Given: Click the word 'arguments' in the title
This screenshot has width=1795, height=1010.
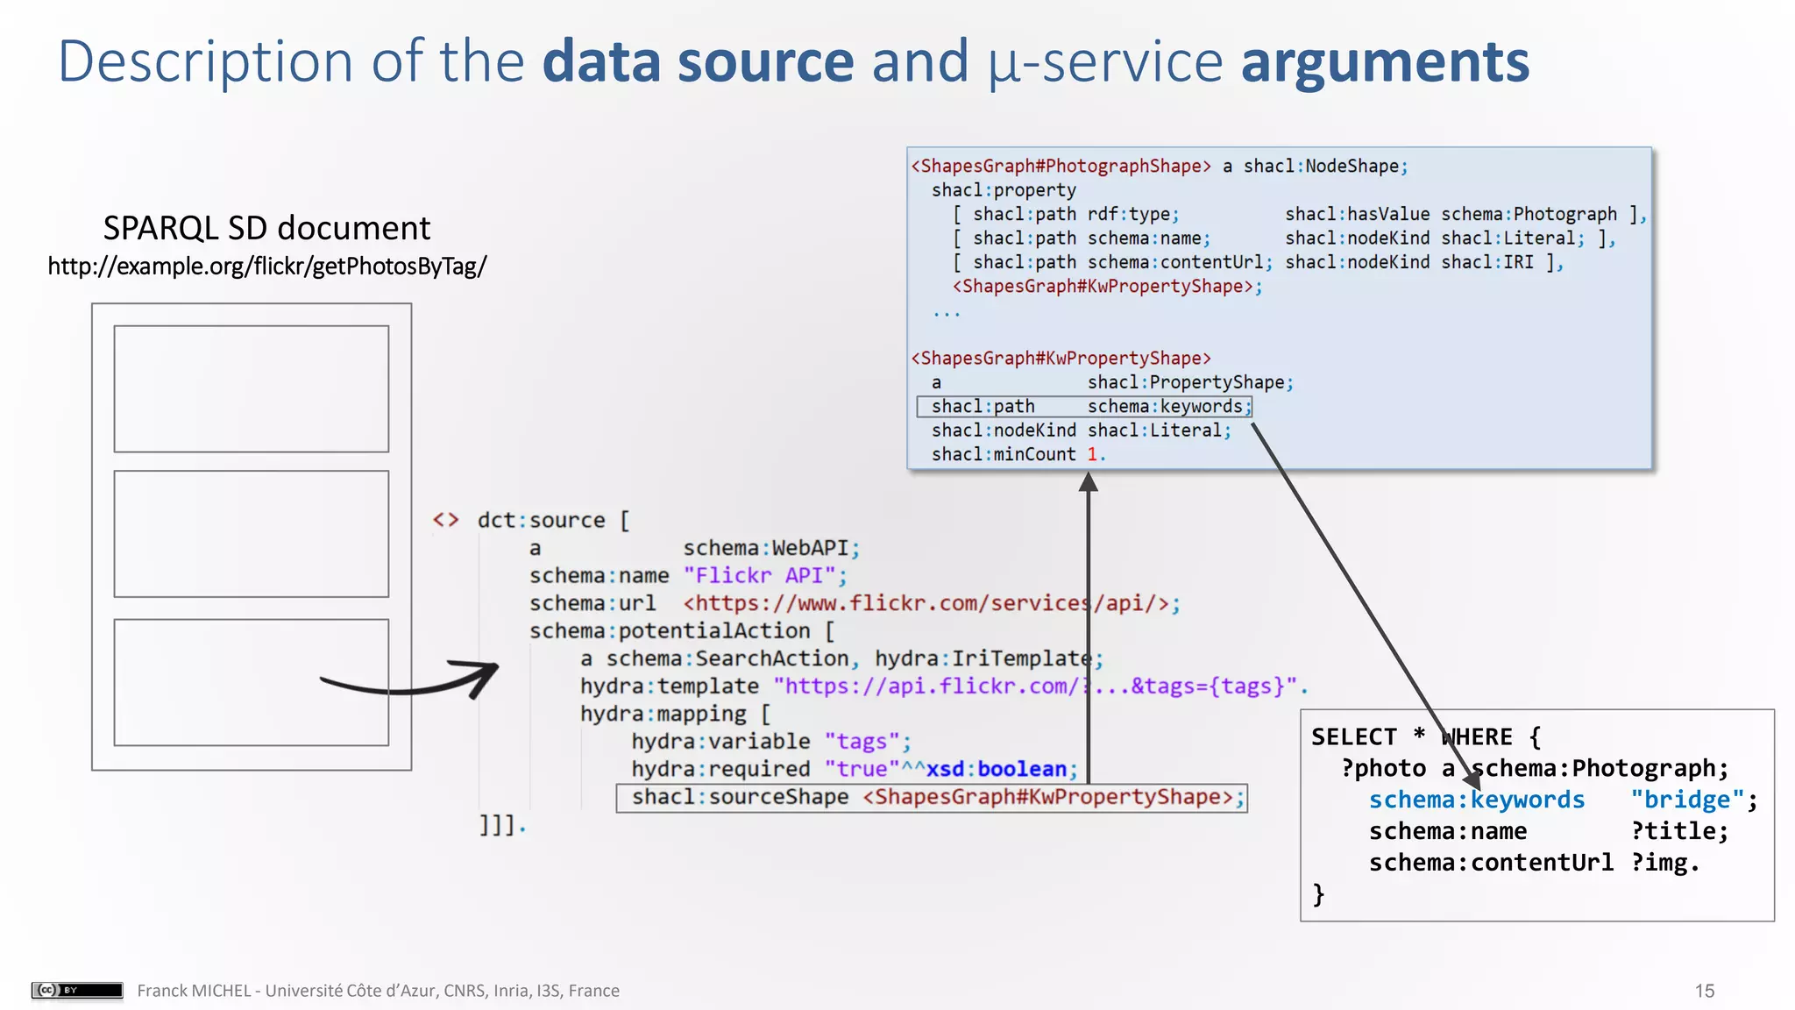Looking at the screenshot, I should pyautogui.click(x=1385, y=63).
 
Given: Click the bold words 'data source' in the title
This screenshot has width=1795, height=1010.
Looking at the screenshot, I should pyautogui.click(x=698, y=63).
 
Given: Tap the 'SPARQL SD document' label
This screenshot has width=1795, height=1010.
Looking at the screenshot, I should pyautogui.click(x=266, y=228).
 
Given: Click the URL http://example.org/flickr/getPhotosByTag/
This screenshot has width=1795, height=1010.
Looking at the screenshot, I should pyautogui.click(x=266, y=266).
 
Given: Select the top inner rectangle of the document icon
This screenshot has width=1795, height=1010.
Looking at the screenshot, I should pyautogui.click(x=252, y=388).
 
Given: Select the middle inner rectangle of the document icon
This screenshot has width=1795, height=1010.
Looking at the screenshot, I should pyautogui.click(x=252, y=533).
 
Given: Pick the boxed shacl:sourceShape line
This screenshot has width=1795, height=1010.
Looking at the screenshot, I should pyautogui.click(x=931, y=797).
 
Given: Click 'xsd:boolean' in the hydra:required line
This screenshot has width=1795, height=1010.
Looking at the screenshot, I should pyautogui.click(x=997, y=769).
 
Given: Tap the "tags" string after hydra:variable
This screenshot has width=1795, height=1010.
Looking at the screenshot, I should pyautogui.click(x=862, y=742).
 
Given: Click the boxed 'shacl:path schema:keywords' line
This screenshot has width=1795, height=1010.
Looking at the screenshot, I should pyautogui.click(x=1084, y=407).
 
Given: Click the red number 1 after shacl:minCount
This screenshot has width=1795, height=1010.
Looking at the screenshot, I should pyautogui.click(x=1092, y=454).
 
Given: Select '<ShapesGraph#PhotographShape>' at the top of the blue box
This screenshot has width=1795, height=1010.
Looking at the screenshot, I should pyautogui.click(x=1061, y=166).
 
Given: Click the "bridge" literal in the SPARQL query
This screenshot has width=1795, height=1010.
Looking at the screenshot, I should pyautogui.click(x=1686, y=800).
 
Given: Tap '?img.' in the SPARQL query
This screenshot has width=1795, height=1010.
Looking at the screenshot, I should pyautogui.click(x=1664, y=863).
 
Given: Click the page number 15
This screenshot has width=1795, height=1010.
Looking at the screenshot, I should pyautogui.click(x=1704, y=991).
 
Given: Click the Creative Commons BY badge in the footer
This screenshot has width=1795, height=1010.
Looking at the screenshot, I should pyautogui.click(x=77, y=990).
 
